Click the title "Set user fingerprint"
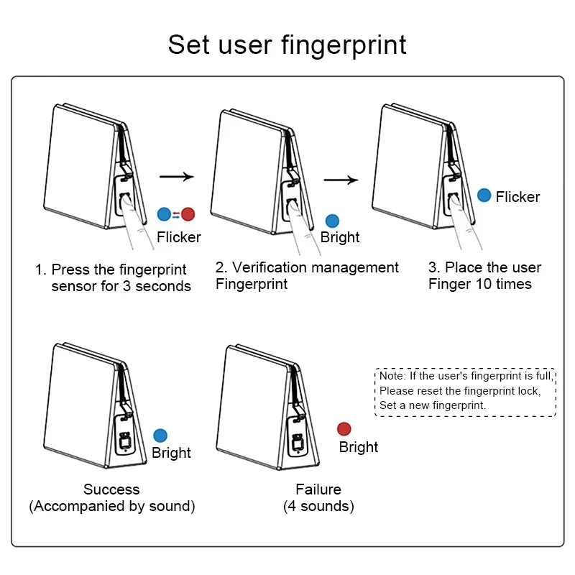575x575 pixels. coord(287,45)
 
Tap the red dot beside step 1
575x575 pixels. coord(188,213)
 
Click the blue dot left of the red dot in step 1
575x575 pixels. coord(165,213)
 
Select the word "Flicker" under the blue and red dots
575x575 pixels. coord(179,236)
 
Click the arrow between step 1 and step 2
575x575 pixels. coord(177,176)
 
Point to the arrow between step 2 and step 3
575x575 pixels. coord(341,180)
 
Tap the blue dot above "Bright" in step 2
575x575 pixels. coord(332,221)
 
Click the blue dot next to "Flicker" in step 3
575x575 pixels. coord(484,195)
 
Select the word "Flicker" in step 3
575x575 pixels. coord(517,196)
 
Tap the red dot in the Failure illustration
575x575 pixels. coord(344,429)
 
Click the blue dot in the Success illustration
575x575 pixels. coord(160,435)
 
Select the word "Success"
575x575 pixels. coord(111,489)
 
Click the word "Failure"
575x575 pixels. coord(318,489)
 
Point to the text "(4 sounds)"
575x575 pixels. coord(318,506)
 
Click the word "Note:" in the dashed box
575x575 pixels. coord(393,375)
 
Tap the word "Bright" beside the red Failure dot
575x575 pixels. coord(359,447)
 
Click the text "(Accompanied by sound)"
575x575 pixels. coord(112,506)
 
